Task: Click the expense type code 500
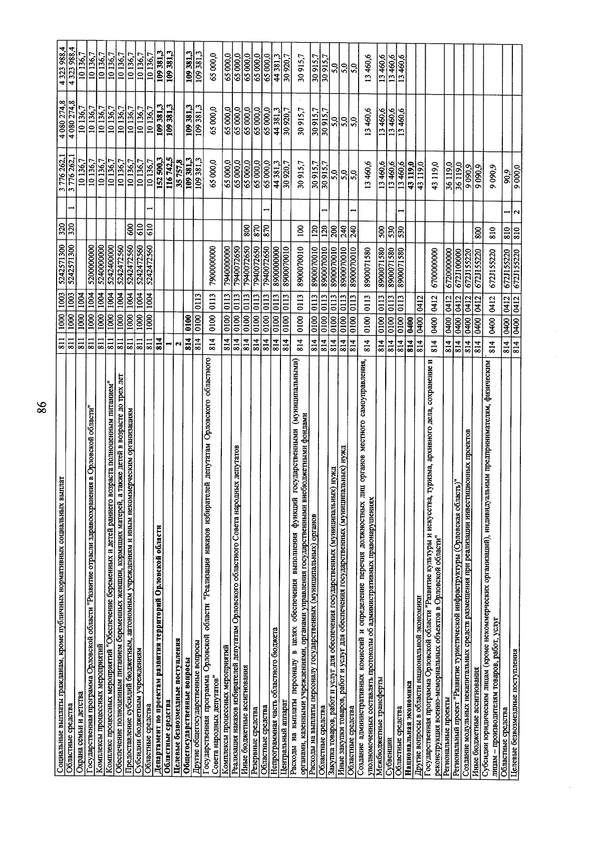coord(381,231)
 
